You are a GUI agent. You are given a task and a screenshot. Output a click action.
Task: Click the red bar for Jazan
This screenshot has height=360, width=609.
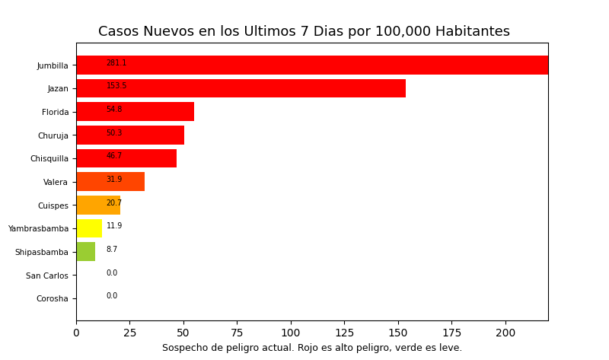(241, 88)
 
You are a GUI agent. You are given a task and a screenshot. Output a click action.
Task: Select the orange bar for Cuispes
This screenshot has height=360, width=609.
(98, 205)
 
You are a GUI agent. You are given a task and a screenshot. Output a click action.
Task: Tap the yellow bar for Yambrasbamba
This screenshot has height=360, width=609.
(89, 228)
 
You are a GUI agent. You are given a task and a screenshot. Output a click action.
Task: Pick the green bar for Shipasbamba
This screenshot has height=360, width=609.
(85, 252)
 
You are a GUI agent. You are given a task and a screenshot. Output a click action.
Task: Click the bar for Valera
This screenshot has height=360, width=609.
(110, 182)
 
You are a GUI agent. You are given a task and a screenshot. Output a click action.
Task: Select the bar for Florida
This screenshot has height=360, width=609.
(135, 112)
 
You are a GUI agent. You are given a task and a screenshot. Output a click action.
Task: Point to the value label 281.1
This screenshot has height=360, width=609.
(116, 63)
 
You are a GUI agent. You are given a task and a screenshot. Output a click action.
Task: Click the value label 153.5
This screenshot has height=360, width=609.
(116, 86)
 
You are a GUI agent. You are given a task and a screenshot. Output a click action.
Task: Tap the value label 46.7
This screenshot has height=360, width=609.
(114, 156)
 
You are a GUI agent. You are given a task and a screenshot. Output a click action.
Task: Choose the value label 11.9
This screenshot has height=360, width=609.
(114, 226)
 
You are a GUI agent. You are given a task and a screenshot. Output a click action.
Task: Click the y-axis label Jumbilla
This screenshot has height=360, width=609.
(53, 66)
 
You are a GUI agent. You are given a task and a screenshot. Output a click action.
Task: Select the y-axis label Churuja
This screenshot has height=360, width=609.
(53, 136)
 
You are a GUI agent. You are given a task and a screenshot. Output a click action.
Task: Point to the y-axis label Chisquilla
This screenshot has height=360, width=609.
(49, 159)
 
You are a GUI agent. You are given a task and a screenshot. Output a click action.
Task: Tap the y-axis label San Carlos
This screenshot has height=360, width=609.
(47, 276)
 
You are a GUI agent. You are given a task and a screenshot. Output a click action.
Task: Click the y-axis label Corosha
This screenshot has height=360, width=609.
(53, 299)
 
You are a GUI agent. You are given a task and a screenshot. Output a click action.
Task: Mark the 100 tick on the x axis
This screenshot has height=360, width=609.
(291, 333)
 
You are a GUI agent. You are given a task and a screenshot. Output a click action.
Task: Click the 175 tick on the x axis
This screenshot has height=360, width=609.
(452, 333)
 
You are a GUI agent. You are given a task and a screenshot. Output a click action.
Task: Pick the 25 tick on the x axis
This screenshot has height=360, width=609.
(130, 333)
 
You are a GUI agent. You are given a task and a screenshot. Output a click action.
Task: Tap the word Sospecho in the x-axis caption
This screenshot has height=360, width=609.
(183, 348)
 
